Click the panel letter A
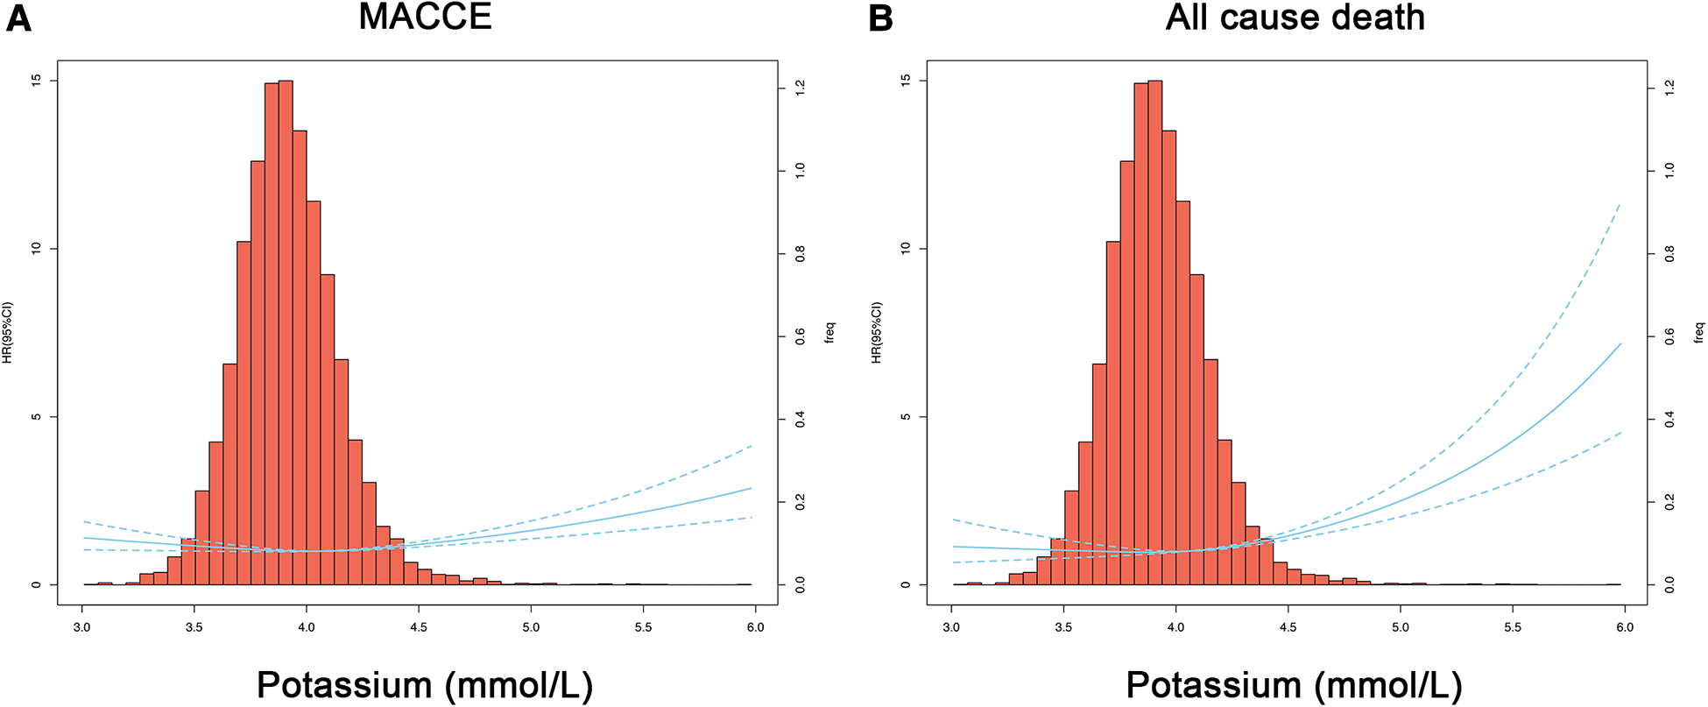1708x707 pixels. click(x=18, y=18)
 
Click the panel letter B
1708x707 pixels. click(x=880, y=18)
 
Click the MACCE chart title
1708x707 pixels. click(x=425, y=18)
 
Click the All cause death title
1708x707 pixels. click(x=1295, y=18)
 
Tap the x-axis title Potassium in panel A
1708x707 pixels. click(x=424, y=684)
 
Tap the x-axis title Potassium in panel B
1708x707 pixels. click(x=1294, y=684)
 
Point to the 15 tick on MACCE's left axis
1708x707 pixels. click(x=36, y=81)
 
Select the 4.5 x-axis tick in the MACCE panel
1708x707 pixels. click(x=419, y=626)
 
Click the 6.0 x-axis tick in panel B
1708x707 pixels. click(x=1624, y=626)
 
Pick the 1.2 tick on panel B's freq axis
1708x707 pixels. click(x=1669, y=87)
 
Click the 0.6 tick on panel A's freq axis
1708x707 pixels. click(x=800, y=336)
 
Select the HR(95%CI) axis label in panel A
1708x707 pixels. click(x=8, y=332)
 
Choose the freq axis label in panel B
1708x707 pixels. click(x=1699, y=332)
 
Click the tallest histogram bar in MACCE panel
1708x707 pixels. click(x=286, y=333)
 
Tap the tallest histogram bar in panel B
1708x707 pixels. click(x=1155, y=333)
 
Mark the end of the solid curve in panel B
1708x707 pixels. click(x=1621, y=343)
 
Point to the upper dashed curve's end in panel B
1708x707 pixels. click(x=1621, y=203)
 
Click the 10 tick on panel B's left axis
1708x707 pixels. click(x=905, y=249)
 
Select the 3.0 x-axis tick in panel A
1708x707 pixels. click(x=82, y=626)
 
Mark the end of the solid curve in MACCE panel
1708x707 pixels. click(x=752, y=488)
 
